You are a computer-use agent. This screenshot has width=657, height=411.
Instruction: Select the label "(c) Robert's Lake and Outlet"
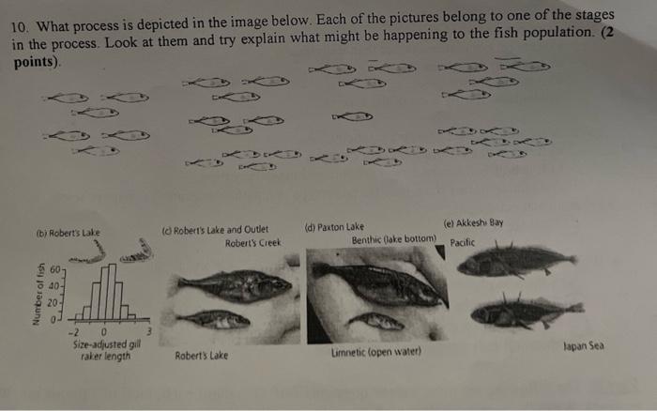point(215,228)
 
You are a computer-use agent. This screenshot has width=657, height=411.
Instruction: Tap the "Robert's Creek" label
point(253,242)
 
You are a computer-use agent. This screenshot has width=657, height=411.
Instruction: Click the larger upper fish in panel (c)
point(234,285)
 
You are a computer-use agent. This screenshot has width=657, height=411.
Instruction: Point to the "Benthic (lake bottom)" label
point(394,240)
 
